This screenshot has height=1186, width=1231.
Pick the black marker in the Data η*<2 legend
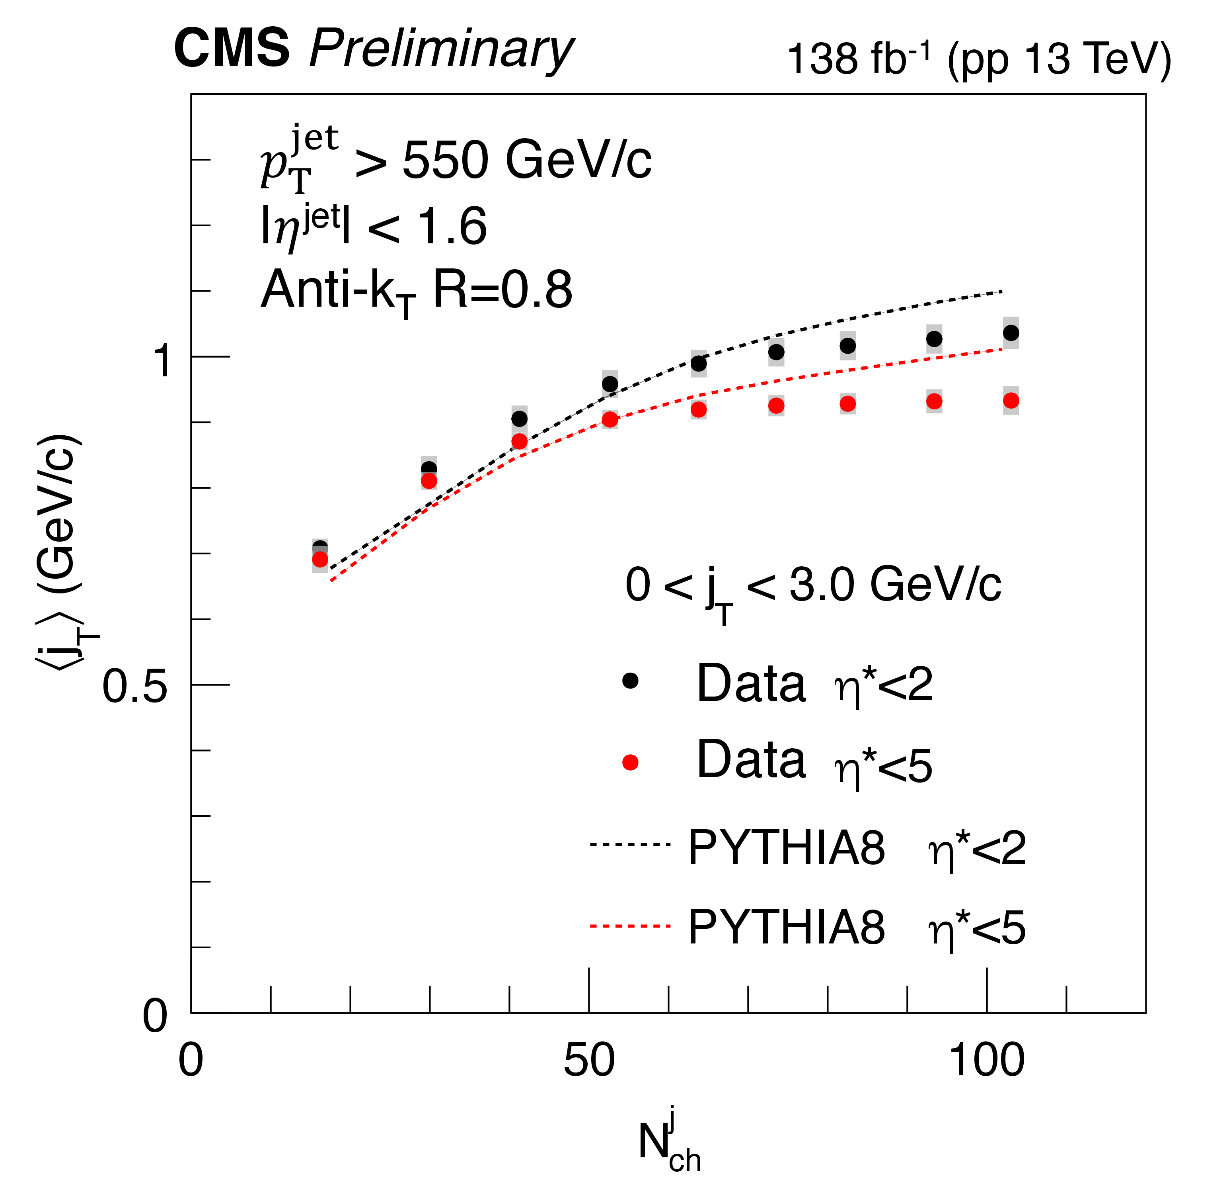click(x=629, y=680)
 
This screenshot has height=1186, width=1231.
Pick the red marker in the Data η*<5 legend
click(x=629, y=762)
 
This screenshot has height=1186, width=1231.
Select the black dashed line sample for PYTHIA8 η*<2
click(x=629, y=844)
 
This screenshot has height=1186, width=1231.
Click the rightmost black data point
click(x=1011, y=333)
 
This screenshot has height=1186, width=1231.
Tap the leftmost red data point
click(x=319, y=559)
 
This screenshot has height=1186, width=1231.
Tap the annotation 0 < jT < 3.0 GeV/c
click(x=812, y=586)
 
